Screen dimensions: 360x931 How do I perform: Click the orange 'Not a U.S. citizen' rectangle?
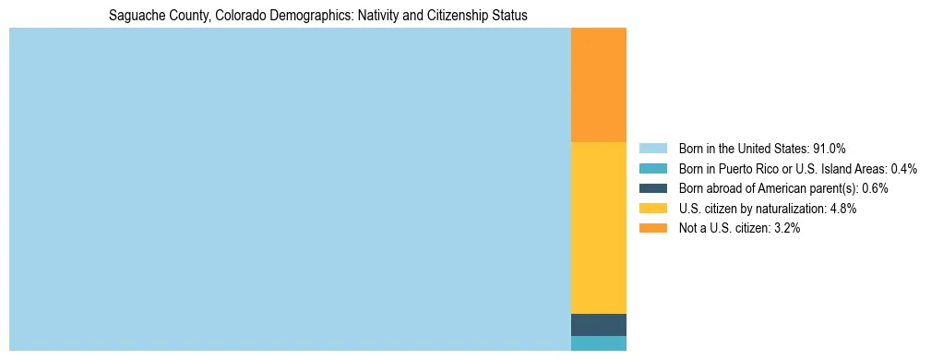tap(599, 85)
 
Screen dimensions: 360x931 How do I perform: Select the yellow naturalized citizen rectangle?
tap(599, 228)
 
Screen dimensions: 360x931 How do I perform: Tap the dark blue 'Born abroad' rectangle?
tap(599, 325)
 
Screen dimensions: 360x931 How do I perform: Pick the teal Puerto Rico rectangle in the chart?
tap(599, 343)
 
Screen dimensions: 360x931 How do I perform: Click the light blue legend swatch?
tap(652, 148)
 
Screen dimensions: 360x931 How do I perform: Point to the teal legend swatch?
tap(652, 168)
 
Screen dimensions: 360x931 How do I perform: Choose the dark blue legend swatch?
tap(652, 188)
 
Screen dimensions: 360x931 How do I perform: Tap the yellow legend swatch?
tap(652, 209)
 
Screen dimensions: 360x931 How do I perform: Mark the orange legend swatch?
tap(652, 228)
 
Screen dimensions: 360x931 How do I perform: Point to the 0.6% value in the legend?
tap(875, 188)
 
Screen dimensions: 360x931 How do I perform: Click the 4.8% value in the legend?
tap(843, 209)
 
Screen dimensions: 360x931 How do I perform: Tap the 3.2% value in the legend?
tap(787, 228)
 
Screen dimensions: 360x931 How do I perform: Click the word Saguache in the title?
tap(134, 16)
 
